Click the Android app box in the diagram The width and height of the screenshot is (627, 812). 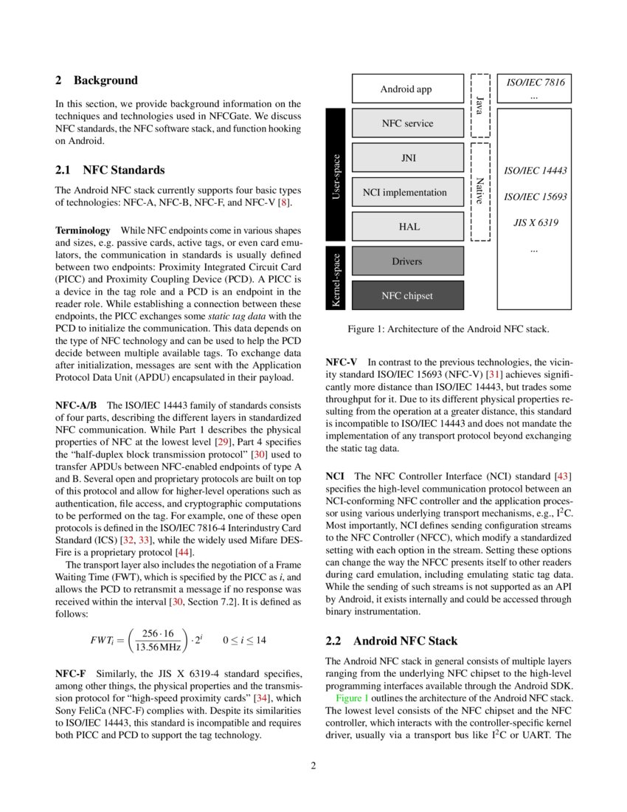(x=406, y=89)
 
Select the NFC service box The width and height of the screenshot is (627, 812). (x=408, y=123)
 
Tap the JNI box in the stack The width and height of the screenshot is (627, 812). (x=408, y=158)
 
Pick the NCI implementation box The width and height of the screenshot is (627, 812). (x=405, y=193)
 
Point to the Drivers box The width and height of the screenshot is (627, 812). (x=407, y=261)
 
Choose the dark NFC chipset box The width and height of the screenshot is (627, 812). (x=407, y=295)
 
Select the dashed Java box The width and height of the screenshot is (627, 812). (x=480, y=106)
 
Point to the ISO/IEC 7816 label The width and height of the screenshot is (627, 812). (x=535, y=82)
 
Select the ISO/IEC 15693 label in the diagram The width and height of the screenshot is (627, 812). (x=535, y=197)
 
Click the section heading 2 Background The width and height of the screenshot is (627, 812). (x=97, y=80)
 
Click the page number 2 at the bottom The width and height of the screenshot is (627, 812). (x=313, y=765)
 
